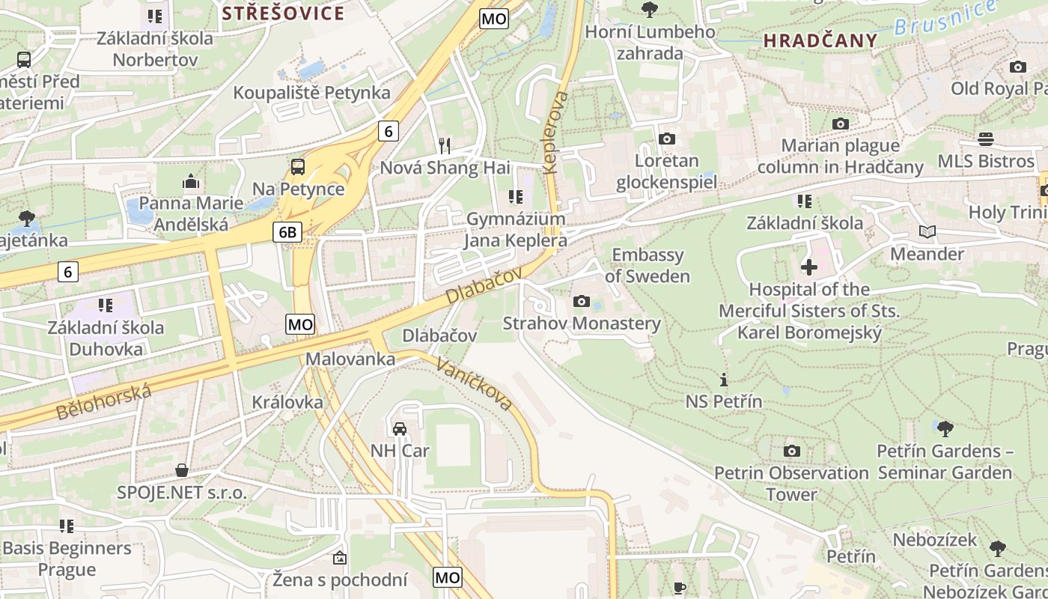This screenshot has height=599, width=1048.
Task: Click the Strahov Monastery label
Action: coord(582,323)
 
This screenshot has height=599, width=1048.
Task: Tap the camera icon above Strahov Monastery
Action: coord(581,302)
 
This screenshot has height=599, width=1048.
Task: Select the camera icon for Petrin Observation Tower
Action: coord(791,451)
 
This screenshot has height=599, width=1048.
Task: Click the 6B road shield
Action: coord(287,232)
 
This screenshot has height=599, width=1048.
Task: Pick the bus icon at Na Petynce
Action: coord(298,166)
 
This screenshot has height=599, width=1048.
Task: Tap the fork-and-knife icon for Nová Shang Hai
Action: coord(445,145)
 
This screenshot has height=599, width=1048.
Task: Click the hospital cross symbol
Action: coord(809,267)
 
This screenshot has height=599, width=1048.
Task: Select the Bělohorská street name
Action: coord(103,402)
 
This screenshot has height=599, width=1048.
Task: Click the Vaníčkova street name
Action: coord(475,384)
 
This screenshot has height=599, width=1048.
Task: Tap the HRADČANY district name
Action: coord(820,41)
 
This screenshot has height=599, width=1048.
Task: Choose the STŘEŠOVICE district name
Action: coord(284,13)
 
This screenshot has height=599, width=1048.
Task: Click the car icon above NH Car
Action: coord(400,428)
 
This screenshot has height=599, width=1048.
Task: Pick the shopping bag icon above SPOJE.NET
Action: coord(181,470)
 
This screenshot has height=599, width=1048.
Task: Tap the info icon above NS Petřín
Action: coord(723,380)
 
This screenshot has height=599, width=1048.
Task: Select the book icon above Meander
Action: coord(927,232)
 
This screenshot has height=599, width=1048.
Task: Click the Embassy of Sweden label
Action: coord(648,265)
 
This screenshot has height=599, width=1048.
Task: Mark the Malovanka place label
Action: coord(350,359)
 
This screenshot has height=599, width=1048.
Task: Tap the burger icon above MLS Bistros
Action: coord(986,139)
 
